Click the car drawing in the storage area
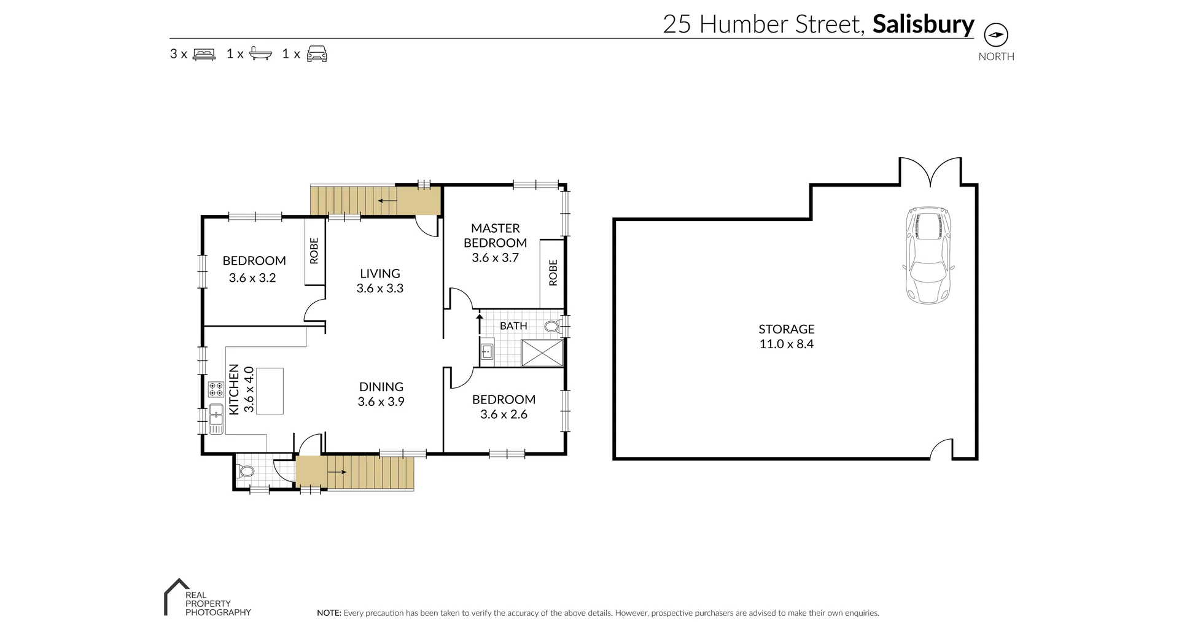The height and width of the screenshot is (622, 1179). click(928, 255)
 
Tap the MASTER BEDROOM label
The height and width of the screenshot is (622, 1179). click(495, 235)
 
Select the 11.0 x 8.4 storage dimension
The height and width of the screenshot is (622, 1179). click(786, 344)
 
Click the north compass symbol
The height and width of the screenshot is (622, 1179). click(996, 35)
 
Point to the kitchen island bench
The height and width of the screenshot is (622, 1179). click(270, 391)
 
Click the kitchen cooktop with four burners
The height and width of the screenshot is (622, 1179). click(216, 389)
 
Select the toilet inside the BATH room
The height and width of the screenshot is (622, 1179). click(552, 326)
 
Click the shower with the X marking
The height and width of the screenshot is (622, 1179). click(542, 354)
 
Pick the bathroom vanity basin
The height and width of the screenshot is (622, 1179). click(487, 352)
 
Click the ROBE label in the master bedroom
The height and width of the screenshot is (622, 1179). click(553, 273)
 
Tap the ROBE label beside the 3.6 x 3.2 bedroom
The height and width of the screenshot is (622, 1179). click(314, 251)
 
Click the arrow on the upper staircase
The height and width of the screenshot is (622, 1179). click(387, 200)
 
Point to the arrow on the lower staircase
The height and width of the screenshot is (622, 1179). click(337, 472)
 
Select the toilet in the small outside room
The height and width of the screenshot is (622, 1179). click(246, 472)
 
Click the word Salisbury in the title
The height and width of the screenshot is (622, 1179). click(923, 24)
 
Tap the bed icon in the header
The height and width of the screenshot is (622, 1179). click(204, 54)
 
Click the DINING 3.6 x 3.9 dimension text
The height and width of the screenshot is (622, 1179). click(381, 402)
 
